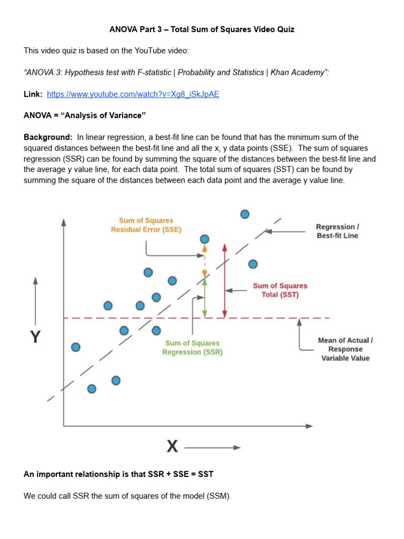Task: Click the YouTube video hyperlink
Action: click(133, 94)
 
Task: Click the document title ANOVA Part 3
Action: click(201, 29)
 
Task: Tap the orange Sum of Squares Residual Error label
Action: click(146, 225)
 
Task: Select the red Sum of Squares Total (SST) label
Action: click(280, 290)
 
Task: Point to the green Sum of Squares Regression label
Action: click(192, 347)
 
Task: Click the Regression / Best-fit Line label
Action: click(337, 231)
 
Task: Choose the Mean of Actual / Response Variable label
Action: click(345, 349)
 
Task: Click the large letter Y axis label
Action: click(35, 336)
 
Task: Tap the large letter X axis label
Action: click(172, 447)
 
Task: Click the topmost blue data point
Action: click(245, 214)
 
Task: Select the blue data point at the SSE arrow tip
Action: click(205, 239)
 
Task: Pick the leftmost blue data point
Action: click(76, 347)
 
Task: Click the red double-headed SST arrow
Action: click(225, 281)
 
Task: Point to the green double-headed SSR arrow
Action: click(205, 298)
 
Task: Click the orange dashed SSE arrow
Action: click(205, 261)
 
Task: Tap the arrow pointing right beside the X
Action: click(213, 447)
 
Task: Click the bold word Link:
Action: click(33, 94)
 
